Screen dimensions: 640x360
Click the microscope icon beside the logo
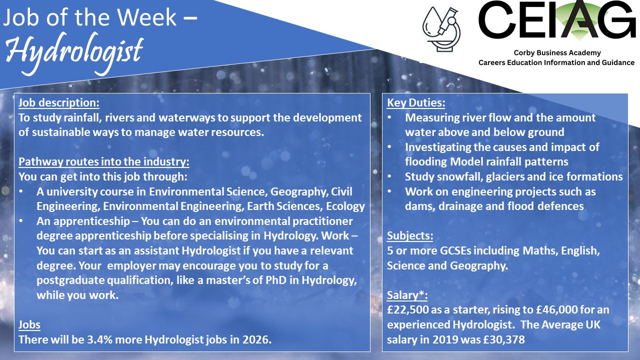(441, 29)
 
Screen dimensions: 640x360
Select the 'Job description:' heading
(59, 102)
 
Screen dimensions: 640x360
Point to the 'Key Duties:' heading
(416, 102)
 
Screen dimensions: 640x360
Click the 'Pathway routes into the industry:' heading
(104, 161)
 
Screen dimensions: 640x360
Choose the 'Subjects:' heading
(410, 235)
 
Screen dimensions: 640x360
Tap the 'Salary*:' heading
(407, 295)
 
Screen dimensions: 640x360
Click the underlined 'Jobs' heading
(29, 324)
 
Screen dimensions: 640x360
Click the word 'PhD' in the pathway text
(276, 280)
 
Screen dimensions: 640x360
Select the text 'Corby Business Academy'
(557, 53)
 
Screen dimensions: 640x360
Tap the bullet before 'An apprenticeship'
(21, 221)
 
